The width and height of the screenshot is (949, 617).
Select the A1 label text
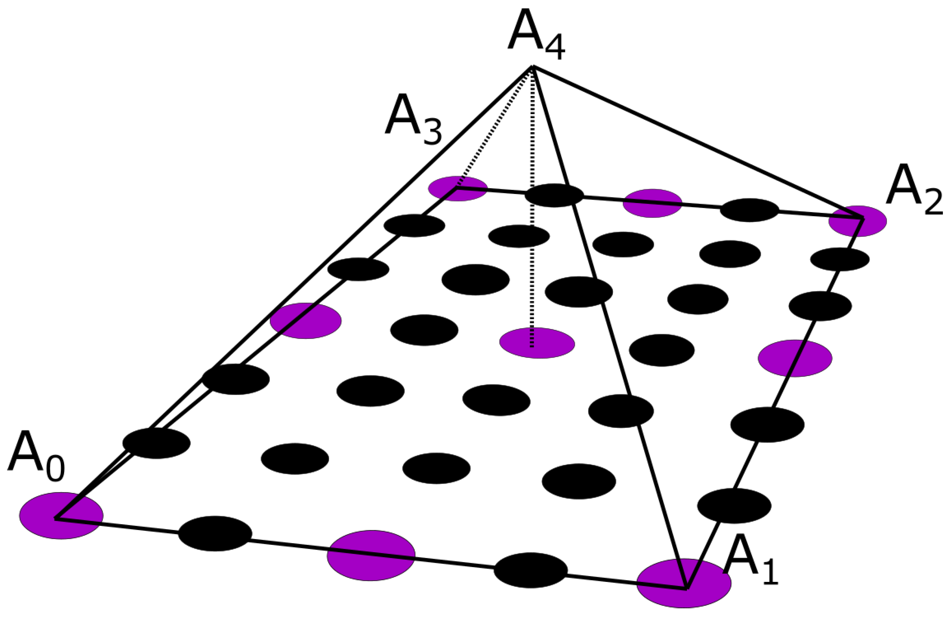coord(750,560)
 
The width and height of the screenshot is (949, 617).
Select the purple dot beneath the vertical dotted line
coord(537,343)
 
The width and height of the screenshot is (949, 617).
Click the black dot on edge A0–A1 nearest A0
coord(215,534)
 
